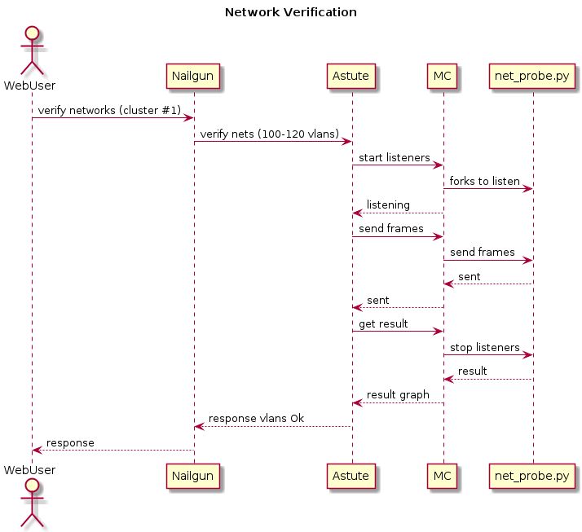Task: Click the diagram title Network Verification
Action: (290, 12)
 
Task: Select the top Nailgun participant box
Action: (194, 77)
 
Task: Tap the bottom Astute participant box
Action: (352, 476)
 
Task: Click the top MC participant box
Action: (443, 77)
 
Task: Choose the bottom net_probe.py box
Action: (533, 476)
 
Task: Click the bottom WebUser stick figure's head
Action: (32, 488)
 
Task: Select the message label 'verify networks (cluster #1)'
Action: (109, 109)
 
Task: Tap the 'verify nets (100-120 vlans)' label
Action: (270, 133)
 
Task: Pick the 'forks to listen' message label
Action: (484, 181)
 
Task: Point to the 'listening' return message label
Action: (388, 204)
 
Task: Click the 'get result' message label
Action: (383, 323)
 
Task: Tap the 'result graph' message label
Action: (398, 394)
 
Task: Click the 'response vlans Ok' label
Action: (257, 419)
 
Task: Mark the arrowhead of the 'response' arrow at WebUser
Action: (37, 450)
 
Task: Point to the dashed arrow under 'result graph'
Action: (398, 402)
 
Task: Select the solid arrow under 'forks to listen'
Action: (487, 189)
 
